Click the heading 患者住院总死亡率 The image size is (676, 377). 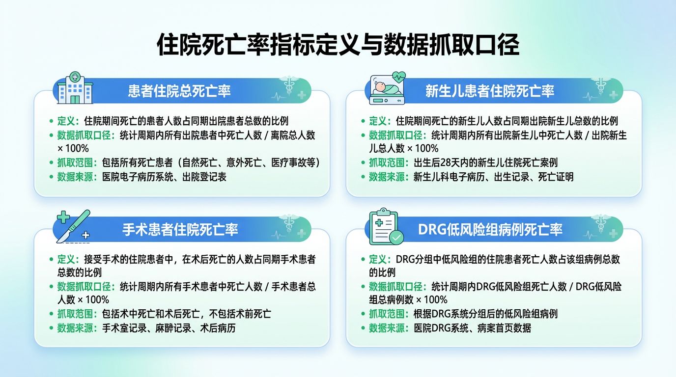pyautogui.click(x=179, y=91)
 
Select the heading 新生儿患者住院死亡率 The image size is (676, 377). pyautogui.click(x=490, y=91)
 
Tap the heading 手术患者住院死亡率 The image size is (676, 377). pyautogui.click(x=180, y=230)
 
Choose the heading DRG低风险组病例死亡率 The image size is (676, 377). pyautogui.click(x=490, y=230)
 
